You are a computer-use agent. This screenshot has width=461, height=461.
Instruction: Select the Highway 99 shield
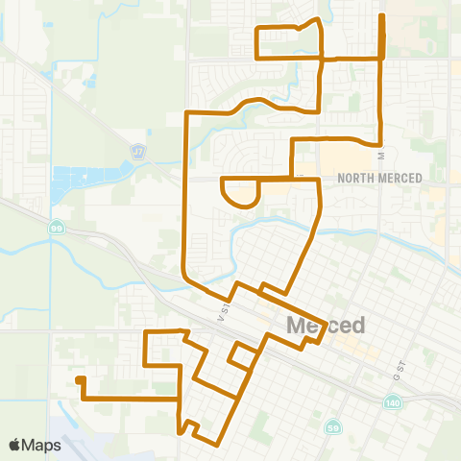click(x=57, y=227)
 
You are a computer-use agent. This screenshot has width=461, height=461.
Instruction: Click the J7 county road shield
click(x=138, y=152)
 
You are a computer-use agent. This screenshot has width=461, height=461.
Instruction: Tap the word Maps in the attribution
click(x=43, y=445)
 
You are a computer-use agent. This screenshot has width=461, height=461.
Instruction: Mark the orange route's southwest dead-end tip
click(x=79, y=379)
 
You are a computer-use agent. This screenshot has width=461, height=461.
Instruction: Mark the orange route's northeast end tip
click(x=382, y=16)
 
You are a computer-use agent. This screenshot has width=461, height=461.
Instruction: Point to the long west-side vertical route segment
click(x=184, y=192)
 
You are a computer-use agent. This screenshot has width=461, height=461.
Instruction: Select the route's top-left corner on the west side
click(x=184, y=112)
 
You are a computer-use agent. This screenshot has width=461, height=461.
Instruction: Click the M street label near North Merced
click(x=380, y=154)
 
